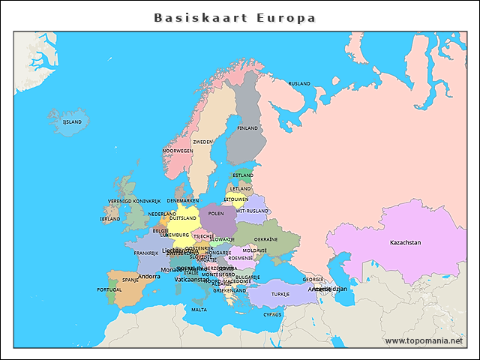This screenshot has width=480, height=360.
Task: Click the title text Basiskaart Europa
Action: click(x=235, y=17)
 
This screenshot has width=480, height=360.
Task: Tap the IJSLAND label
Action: click(x=72, y=121)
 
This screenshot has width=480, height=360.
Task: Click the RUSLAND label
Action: click(x=299, y=83)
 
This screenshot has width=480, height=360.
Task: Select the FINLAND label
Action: click(x=247, y=128)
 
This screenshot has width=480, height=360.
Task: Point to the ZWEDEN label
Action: click(x=202, y=142)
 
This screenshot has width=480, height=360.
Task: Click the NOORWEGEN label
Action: click(x=178, y=151)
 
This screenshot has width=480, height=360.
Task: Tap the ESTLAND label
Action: click(x=242, y=175)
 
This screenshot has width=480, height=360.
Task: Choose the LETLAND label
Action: click(x=241, y=188)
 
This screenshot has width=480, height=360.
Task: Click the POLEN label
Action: click(x=216, y=214)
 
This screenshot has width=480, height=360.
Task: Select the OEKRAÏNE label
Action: click(x=276, y=239)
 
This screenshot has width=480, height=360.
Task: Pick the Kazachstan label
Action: click(x=405, y=242)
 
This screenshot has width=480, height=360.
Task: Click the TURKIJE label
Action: click(x=280, y=294)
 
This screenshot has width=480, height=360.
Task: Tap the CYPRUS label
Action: click(x=272, y=314)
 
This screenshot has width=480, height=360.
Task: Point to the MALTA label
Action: click(x=199, y=310)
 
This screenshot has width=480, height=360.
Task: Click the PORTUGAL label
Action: click(x=109, y=289)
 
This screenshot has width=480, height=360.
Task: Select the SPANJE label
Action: click(x=130, y=280)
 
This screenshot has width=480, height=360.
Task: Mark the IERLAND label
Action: click(x=110, y=219)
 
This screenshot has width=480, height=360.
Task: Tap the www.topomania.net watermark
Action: click(x=424, y=340)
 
